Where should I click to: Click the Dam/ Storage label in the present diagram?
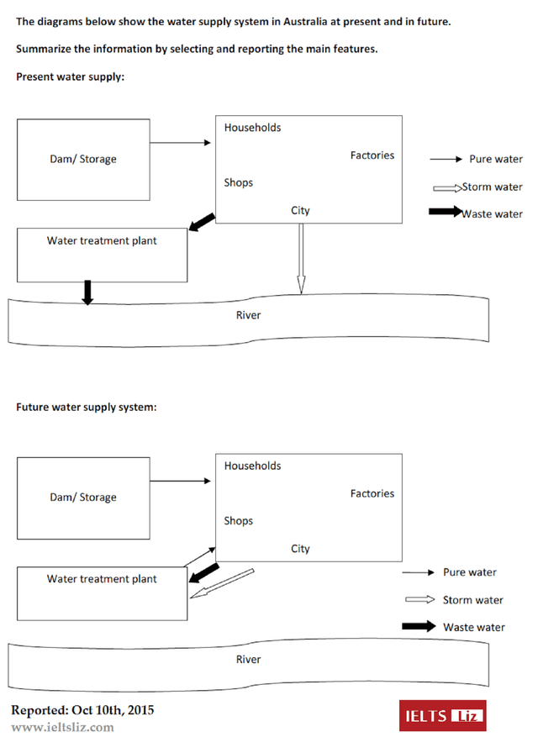[83, 160]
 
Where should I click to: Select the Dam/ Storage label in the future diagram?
[83, 498]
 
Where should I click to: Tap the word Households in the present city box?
[252, 128]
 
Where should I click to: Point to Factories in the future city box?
[372, 493]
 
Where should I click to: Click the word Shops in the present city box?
[238, 182]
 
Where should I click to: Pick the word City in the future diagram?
[300, 549]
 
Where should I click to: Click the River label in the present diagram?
[248, 315]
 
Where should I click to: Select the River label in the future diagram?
[248, 660]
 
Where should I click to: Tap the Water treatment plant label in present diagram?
[102, 241]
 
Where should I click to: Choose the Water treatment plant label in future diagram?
[102, 579]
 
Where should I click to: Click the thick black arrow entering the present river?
[87, 292]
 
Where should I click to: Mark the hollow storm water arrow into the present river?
[300, 260]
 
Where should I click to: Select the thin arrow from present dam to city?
[181, 143]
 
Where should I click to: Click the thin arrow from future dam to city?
[181, 482]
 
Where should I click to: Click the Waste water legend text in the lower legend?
[474, 627]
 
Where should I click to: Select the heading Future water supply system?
[87, 408]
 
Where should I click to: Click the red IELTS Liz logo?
[442, 716]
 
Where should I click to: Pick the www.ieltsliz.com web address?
[62, 727]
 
